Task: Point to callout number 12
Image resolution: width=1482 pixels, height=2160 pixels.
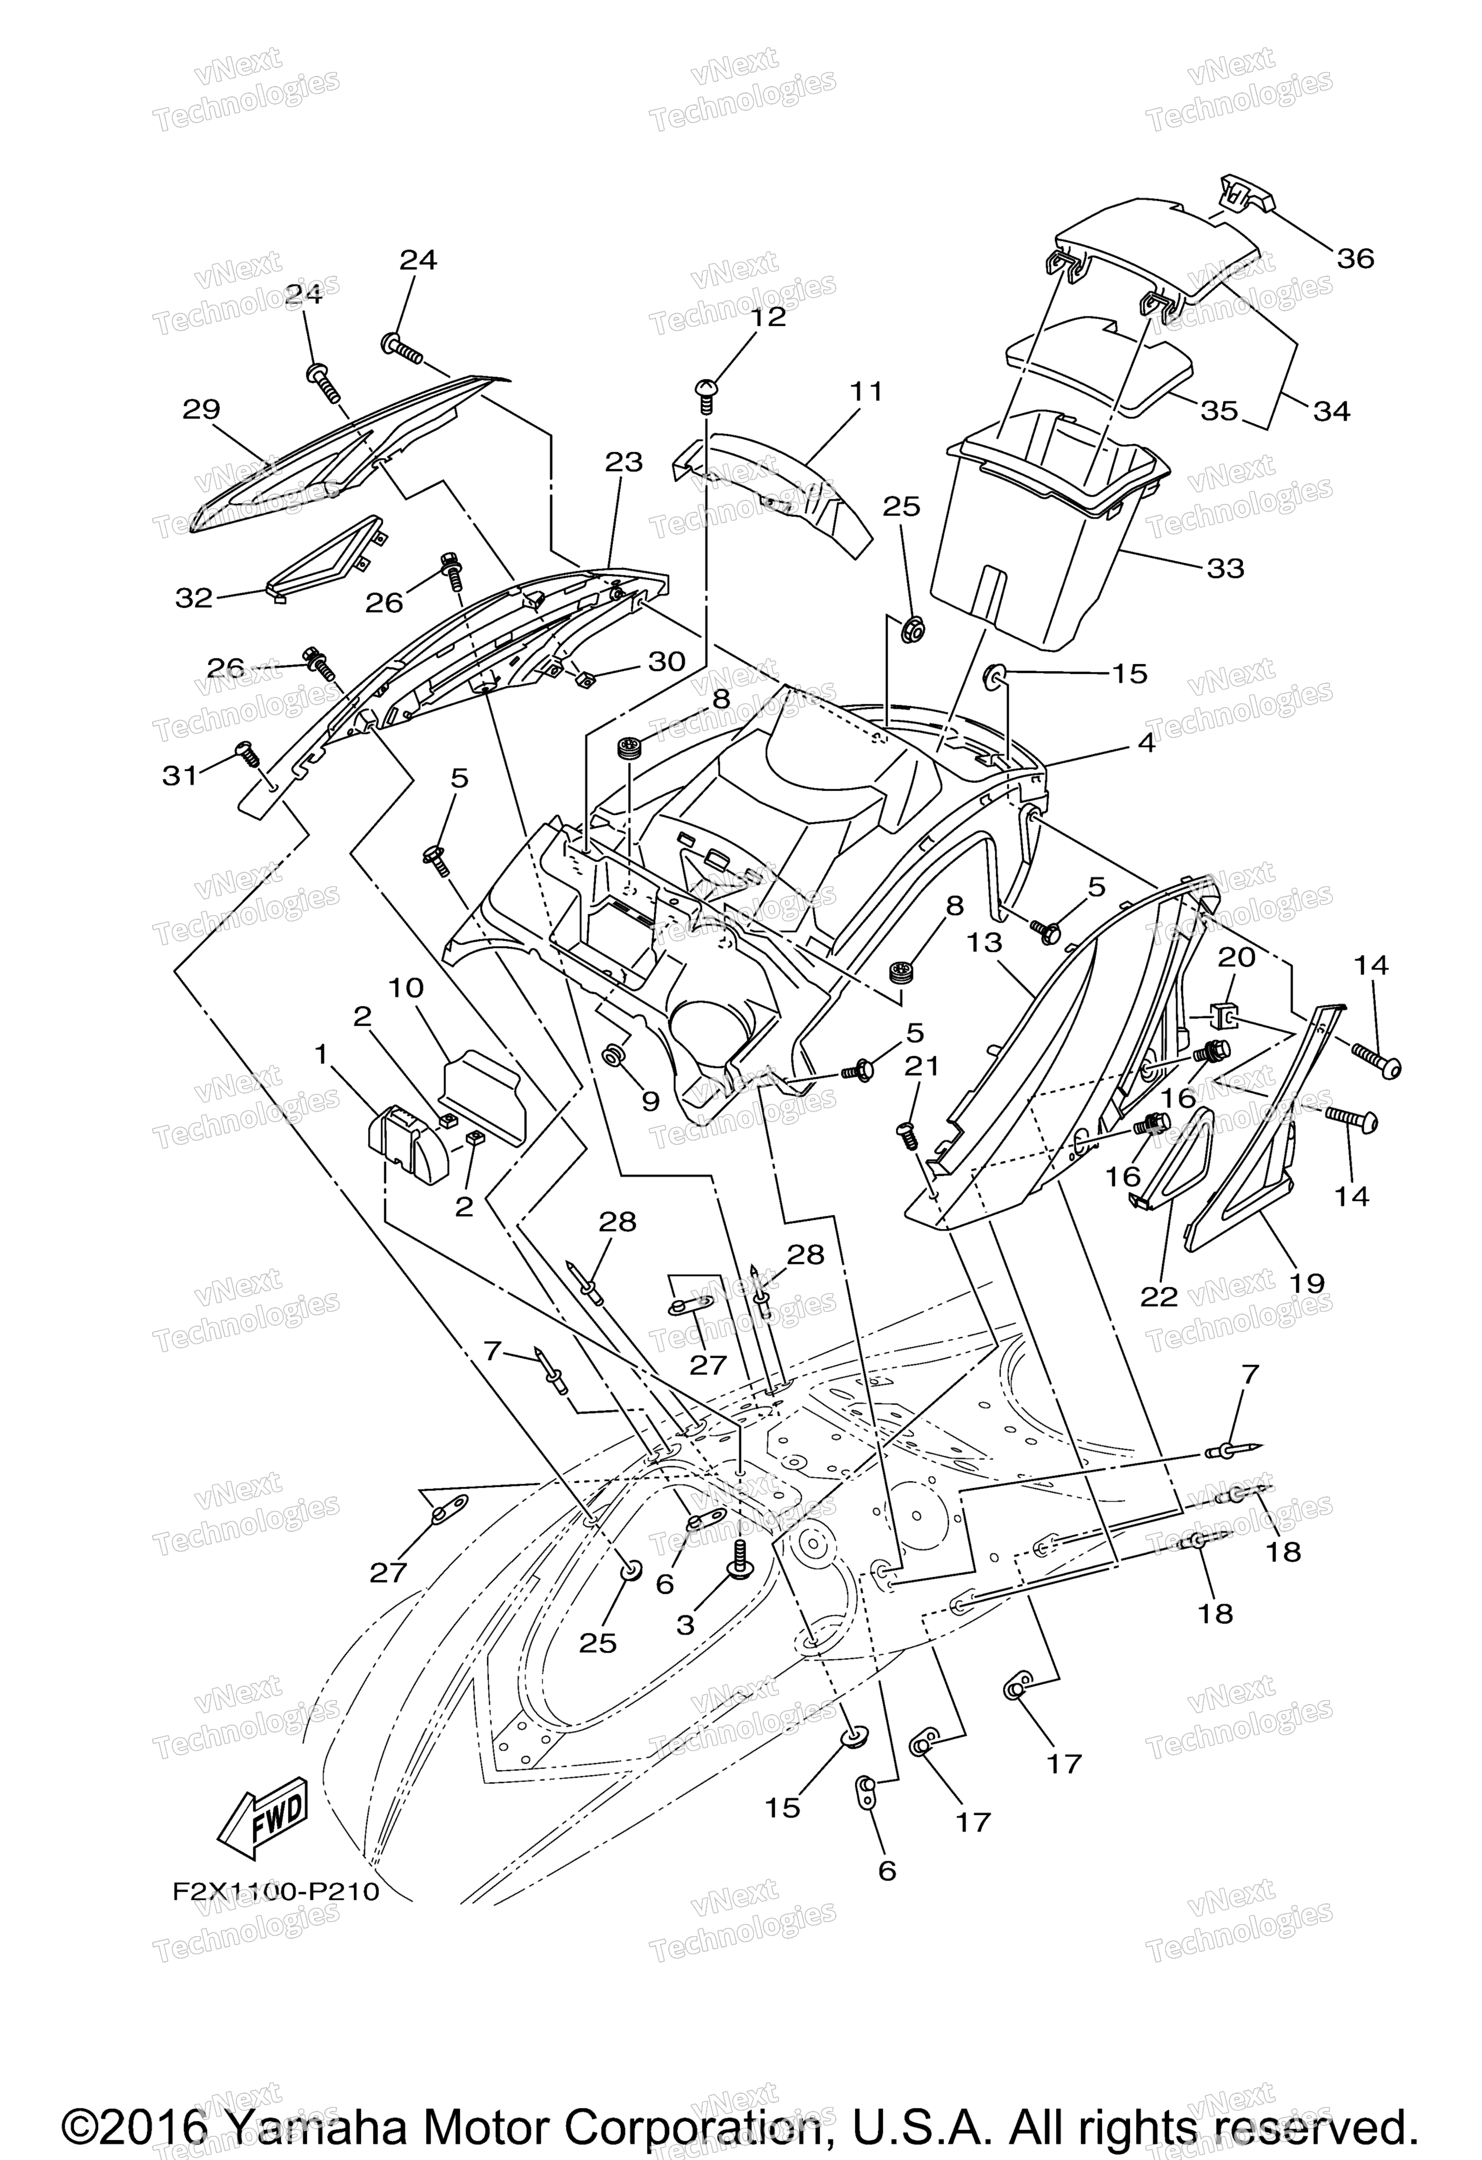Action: click(768, 317)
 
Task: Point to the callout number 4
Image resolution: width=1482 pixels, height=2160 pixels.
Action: click(1147, 743)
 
